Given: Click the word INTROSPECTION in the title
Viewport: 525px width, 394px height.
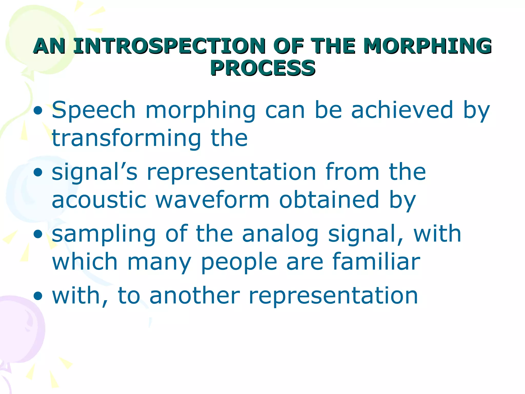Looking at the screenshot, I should pyautogui.click(x=169, y=46).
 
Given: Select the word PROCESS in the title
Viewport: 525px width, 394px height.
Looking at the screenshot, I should pyautogui.click(x=262, y=68).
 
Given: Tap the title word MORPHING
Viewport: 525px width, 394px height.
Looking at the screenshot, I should pyautogui.click(x=427, y=46).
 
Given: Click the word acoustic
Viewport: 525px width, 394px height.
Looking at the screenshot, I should pyautogui.click(x=99, y=200).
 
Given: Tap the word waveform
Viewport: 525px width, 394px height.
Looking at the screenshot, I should pyautogui.click(x=213, y=200).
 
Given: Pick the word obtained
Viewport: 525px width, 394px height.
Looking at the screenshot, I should pyautogui.click(x=329, y=200).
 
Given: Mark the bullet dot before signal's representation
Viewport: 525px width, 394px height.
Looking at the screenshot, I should pyautogui.click(x=38, y=173).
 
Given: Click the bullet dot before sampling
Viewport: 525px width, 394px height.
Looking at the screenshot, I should pyautogui.click(x=38, y=234).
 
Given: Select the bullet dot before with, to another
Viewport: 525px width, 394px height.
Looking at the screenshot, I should pyautogui.click(x=38, y=296).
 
